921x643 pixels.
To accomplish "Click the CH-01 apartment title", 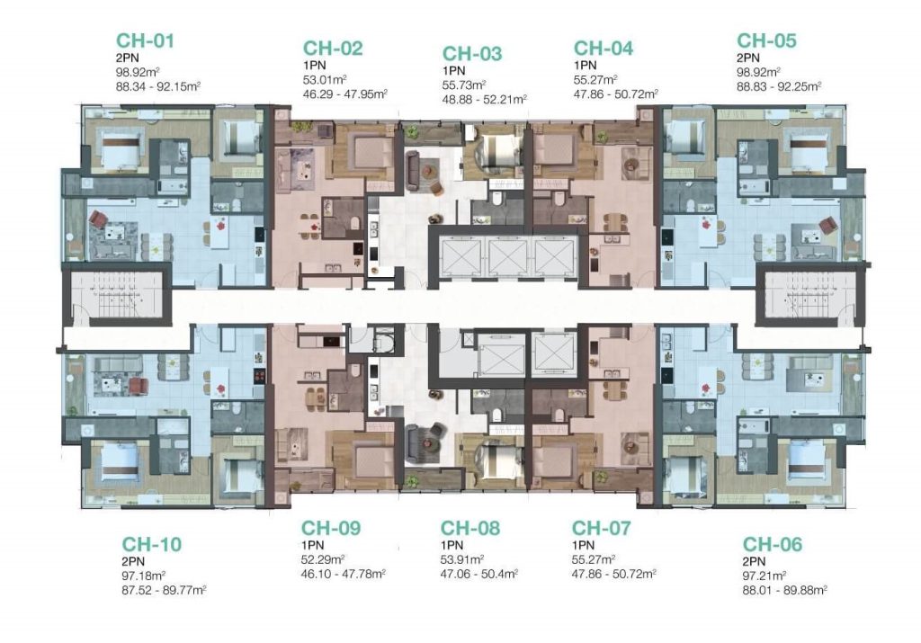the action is click(x=145, y=40).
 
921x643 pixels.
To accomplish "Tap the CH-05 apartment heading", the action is click(x=766, y=40).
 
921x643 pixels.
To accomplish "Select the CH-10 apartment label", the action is click(x=151, y=544).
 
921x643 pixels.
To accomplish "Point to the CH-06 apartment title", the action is click(x=773, y=544).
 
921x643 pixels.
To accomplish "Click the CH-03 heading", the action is click(x=472, y=53).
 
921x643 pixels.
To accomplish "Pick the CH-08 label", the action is click(x=470, y=528).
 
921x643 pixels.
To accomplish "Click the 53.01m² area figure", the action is click(x=324, y=80).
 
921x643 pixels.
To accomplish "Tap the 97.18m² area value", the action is click(x=143, y=576).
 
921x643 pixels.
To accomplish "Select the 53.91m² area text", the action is click(x=462, y=559).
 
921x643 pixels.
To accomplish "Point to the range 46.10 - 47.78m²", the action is click(x=343, y=574).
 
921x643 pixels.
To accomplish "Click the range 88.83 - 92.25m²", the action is click(x=779, y=86).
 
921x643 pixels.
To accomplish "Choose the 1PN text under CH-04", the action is click(x=585, y=65).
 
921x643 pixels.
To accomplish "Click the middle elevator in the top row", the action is click(x=508, y=257).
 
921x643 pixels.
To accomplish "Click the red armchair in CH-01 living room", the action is click(x=97, y=219).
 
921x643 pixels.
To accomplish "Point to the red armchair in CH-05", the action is click(x=828, y=225).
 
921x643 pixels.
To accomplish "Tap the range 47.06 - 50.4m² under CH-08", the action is click(x=479, y=574).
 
